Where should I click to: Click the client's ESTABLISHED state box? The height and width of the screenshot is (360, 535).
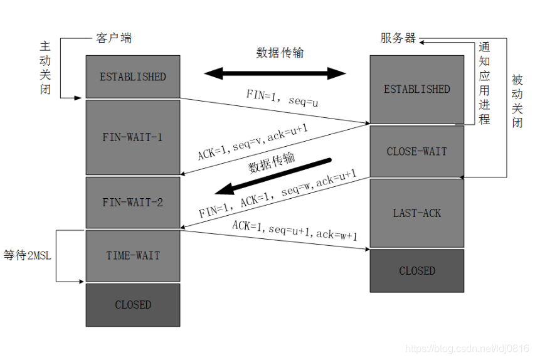point(133,77)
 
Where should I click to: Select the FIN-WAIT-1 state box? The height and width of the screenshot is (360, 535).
point(133,137)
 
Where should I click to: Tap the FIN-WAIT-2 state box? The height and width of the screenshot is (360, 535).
point(133,202)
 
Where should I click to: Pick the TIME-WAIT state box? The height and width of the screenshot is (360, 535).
point(133,255)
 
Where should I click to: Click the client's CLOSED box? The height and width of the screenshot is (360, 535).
point(133,305)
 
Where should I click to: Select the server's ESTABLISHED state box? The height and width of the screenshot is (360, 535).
point(416,89)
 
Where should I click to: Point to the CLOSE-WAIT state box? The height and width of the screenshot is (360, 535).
point(416,151)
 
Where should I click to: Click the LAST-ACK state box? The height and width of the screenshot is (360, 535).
point(416,213)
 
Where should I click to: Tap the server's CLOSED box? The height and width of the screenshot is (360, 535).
point(416,271)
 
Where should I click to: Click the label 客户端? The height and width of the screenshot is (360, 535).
point(114,39)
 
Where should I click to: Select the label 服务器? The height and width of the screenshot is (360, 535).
point(398,38)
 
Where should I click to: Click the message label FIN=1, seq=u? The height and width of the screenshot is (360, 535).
point(282,99)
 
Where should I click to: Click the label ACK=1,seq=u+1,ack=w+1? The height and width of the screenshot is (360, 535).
point(295,230)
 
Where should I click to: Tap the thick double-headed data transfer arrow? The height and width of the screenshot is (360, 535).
point(275,73)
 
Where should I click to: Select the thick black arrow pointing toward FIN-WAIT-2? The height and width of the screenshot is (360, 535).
point(276,176)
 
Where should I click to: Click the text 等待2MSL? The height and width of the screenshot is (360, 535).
point(26,255)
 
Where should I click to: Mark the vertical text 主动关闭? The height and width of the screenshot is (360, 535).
point(45,68)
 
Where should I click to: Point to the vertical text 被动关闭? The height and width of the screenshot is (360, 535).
point(517,100)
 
